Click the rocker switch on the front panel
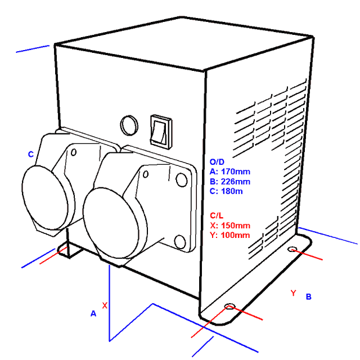[161, 132]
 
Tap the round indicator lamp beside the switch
[129, 125]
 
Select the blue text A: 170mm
[230, 172]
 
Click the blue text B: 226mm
[230, 182]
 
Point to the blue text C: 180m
[226, 191]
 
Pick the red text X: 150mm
[230, 226]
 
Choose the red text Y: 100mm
[230, 235]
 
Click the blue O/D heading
[217, 162]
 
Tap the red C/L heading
[217, 215]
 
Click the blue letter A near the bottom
[93, 313]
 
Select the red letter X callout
[105, 305]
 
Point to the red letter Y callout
[293, 293]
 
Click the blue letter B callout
[309, 296]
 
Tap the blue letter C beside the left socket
[31, 154]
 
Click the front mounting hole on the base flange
[229, 306]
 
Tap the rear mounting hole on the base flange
[292, 249]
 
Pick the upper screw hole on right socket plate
[181, 180]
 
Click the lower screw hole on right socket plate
[180, 242]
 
